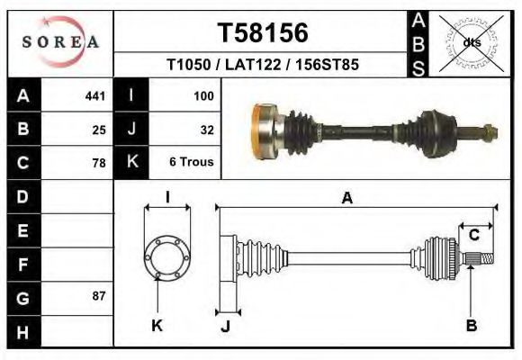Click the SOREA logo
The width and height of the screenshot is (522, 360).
[x=60, y=42]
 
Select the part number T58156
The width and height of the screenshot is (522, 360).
[x=263, y=33]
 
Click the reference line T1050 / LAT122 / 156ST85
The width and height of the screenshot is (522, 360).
[x=263, y=66]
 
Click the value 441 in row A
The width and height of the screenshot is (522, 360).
[x=94, y=95]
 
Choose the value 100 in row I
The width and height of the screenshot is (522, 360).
[x=202, y=95]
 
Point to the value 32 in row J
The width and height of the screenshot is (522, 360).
[x=206, y=130]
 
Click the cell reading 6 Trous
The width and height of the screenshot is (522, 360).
[x=192, y=164]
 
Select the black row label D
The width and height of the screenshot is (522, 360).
[x=23, y=197]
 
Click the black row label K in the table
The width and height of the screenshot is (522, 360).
[x=131, y=164]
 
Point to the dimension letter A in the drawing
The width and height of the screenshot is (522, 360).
[x=346, y=199]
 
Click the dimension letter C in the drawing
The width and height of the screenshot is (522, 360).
[x=473, y=236]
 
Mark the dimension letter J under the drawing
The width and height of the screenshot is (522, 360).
[x=225, y=326]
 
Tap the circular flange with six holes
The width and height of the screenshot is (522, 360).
[x=167, y=257]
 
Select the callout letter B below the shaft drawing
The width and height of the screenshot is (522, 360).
[x=471, y=326]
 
